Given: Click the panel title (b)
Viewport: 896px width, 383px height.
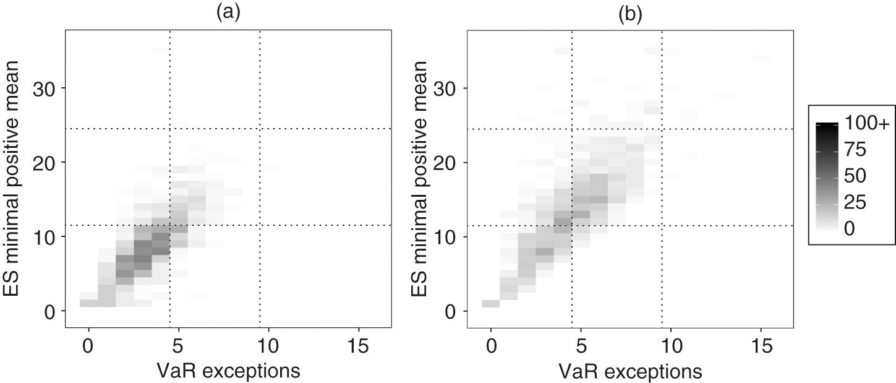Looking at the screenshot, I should point(630,15).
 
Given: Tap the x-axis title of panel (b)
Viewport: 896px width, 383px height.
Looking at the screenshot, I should point(630,371).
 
